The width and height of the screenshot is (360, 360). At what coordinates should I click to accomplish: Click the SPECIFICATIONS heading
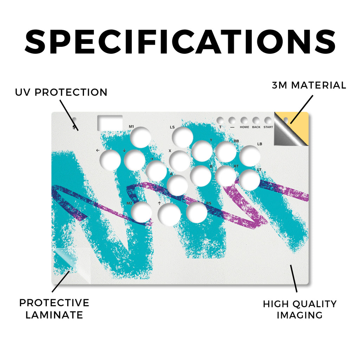[x=180, y=42]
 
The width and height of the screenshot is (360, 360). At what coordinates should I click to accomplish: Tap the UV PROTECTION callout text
[x=61, y=92]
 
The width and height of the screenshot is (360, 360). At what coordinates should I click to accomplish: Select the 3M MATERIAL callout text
[x=309, y=85]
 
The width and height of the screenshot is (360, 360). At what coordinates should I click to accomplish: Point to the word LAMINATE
[x=54, y=315]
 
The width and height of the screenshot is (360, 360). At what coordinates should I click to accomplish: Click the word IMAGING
[x=300, y=315]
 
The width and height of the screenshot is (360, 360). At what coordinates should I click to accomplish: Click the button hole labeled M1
[x=141, y=137]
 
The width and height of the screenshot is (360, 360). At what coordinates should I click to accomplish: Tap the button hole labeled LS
[x=182, y=137]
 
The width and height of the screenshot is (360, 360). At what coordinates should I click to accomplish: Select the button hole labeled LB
[x=250, y=156]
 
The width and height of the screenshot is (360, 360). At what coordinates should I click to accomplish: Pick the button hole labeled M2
[x=142, y=212]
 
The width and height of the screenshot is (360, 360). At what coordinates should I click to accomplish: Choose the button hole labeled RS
[x=197, y=212]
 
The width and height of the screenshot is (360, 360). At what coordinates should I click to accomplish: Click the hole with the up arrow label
[x=169, y=214]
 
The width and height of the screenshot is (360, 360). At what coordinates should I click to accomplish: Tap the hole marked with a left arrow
[x=110, y=160]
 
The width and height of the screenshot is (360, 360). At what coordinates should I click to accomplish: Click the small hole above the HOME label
[x=244, y=121]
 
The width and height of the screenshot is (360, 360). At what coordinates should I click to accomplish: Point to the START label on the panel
[x=268, y=127]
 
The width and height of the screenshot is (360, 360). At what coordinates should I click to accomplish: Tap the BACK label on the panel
[x=256, y=127]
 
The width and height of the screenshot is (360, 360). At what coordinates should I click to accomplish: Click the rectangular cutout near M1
[x=110, y=123]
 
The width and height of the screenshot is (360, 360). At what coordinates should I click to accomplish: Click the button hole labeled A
[x=178, y=185]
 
